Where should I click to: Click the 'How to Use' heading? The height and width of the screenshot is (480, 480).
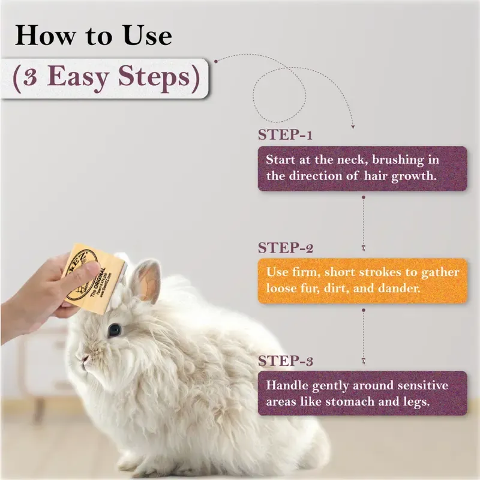coord(93,36)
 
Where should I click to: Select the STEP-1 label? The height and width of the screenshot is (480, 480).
coord(286,134)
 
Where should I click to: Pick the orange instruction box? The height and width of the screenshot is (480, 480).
coord(362,280)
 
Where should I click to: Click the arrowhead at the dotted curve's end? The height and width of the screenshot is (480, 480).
coord(353,127)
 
